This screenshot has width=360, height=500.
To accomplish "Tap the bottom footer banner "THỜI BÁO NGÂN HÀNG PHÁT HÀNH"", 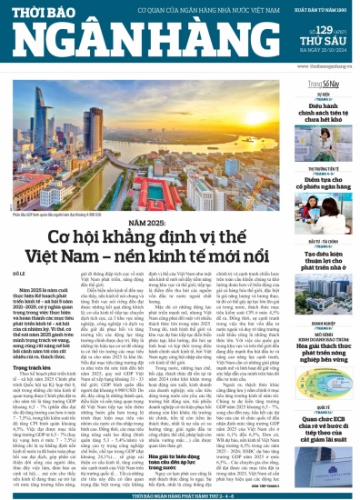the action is pyautogui.click(x=180, y=492).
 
